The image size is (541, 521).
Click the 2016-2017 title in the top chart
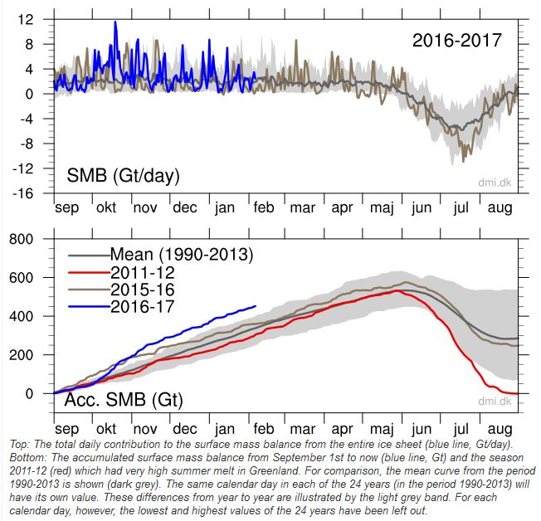coord(456,39)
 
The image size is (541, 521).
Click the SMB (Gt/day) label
coord(123,176)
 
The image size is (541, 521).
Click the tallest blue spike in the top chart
coord(115,22)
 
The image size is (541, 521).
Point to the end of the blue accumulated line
coord(256,305)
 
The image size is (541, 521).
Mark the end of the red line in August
coord(517,393)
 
